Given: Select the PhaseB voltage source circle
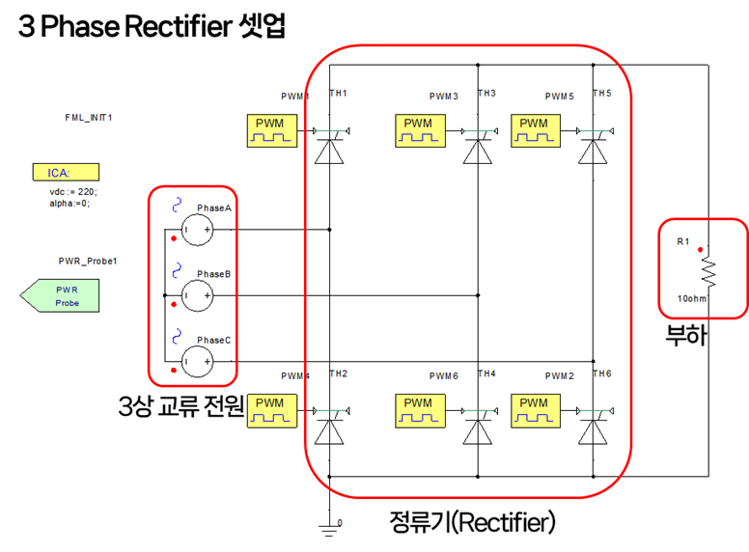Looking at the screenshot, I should coord(198,294).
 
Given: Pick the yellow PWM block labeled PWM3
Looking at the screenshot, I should coord(418,130).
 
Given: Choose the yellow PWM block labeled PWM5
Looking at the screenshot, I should coord(533,130).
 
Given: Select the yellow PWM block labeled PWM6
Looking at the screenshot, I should coord(418,409).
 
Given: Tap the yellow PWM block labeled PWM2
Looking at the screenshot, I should coord(533,409).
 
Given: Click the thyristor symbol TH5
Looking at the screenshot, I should coord(594,151).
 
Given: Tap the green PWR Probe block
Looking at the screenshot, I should coord(64,295).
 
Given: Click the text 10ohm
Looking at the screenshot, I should coord(692,298).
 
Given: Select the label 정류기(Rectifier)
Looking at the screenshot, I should coord(472,523).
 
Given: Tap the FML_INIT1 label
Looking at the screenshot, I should coord(89,117).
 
